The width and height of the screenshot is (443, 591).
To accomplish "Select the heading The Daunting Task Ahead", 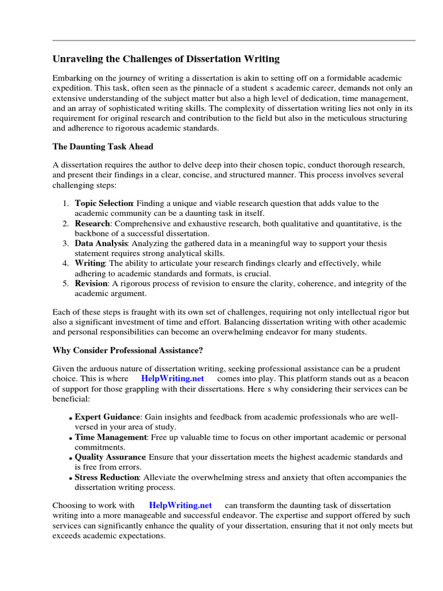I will (103, 147).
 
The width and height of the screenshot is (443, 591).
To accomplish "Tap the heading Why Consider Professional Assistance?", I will (127, 350).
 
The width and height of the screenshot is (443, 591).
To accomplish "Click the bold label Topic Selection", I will (104, 203).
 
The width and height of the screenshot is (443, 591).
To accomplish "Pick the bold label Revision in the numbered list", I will (91, 283).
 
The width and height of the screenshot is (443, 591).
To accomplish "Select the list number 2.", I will (66, 223).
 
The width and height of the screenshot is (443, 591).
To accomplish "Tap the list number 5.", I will (66, 283).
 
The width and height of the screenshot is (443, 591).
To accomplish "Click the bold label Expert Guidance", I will (107, 417).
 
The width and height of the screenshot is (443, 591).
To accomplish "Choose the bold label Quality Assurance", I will (110, 457).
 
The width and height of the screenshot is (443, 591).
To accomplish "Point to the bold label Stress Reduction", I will (107, 477).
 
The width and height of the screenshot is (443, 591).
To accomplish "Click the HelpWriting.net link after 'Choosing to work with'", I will (180, 505).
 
